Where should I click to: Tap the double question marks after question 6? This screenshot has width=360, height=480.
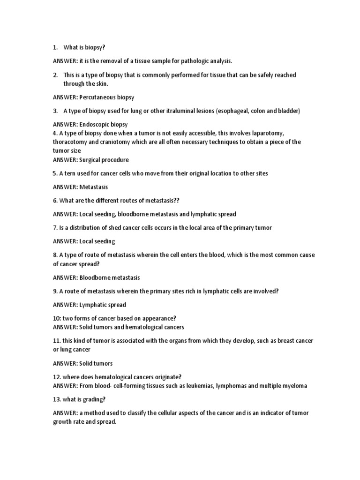[x=176, y=201]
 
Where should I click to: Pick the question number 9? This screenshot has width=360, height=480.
[x=55, y=291]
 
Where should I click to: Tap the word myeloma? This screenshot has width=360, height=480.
[x=295, y=386]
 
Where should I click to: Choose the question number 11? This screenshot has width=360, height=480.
[x=57, y=341]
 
